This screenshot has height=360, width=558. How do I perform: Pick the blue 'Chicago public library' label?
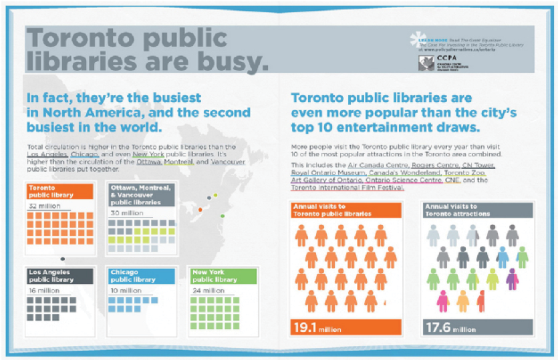[x=141, y=276]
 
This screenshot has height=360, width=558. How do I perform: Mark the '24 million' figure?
[x=207, y=291]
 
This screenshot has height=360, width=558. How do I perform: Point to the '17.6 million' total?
[x=450, y=327]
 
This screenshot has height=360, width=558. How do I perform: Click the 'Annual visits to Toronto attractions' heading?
[x=478, y=210]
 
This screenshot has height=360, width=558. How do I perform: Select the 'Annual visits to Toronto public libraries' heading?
[x=345, y=210]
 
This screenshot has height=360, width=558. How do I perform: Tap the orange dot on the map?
[x=200, y=210]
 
